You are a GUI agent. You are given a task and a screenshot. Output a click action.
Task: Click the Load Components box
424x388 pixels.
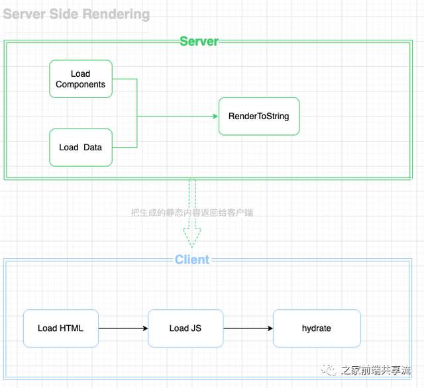pos(81,79)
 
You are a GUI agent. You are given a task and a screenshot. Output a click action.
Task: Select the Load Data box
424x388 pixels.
pos(81,147)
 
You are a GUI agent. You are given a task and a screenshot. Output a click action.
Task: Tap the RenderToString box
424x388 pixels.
pos(259,117)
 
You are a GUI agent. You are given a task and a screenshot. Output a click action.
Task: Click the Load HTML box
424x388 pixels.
pos(61,328)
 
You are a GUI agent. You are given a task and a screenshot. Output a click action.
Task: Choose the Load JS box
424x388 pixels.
pos(185,328)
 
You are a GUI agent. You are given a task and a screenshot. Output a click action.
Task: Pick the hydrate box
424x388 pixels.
pos(317,328)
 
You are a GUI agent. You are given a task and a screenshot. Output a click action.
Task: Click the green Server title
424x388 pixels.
pos(199,41)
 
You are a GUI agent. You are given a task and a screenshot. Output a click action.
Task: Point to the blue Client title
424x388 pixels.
pos(192,260)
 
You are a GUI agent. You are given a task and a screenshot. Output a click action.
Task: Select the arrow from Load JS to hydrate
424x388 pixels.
pos(248,328)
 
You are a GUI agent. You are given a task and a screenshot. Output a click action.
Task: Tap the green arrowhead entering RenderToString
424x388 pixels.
pos(215,117)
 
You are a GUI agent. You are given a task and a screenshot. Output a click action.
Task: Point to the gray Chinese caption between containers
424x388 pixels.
pos(192,213)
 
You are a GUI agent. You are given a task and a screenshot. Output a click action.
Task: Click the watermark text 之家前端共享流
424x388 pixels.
pos(376,370)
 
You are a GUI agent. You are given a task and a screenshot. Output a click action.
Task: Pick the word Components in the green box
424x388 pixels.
pos(81,85)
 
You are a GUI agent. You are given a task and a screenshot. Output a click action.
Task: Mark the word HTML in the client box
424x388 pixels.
pos(72,328)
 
